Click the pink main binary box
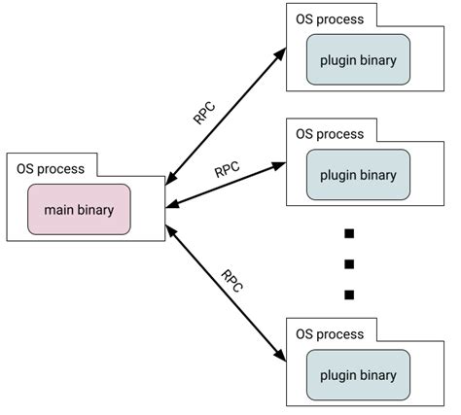79,209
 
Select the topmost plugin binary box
357,61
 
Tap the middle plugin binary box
357,175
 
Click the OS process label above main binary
51,168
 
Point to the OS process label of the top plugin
329,19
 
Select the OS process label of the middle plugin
329,133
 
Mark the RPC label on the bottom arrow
231,282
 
